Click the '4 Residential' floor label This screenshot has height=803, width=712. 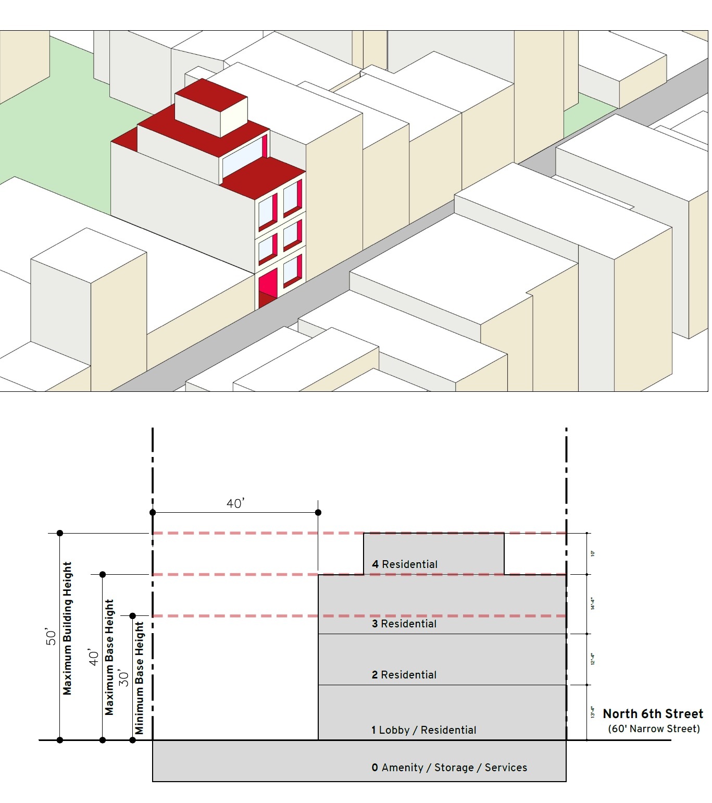(405, 564)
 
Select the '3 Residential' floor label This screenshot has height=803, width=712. (404, 624)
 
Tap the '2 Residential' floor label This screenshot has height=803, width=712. (404, 675)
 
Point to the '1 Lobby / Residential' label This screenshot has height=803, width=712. (424, 730)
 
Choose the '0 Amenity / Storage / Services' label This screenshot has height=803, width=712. (449, 768)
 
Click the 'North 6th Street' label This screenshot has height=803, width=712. (653, 714)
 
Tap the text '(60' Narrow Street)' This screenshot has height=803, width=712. (654, 728)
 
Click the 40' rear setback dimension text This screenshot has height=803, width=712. (235, 503)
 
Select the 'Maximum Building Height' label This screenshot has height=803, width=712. (68, 628)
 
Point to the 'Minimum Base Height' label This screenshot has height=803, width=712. (140, 677)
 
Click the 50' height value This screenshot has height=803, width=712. (51, 637)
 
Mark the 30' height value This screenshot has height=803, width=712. (124, 678)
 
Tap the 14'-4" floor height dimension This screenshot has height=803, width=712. (593, 604)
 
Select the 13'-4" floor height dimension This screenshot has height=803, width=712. (593, 712)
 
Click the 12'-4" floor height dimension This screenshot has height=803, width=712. (593, 659)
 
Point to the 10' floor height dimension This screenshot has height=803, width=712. (593, 553)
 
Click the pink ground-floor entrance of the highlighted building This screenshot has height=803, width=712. (268, 287)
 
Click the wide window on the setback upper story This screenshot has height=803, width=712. (243, 156)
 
